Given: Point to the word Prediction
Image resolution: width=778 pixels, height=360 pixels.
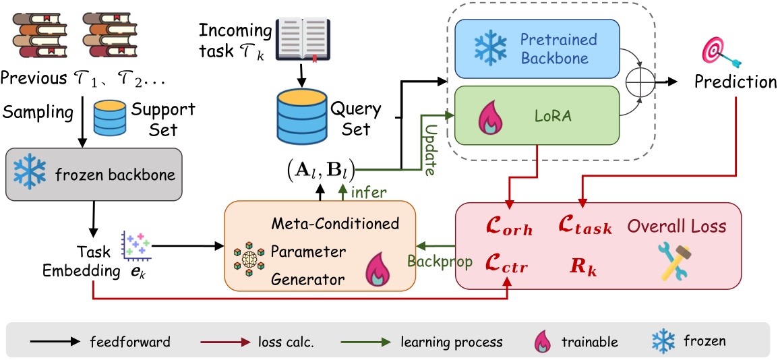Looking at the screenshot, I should (x=736, y=82).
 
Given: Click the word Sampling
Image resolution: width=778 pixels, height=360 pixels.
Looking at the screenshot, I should (x=37, y=112).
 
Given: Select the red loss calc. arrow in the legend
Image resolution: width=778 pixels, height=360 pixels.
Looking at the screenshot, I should (x=227, y=342).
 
